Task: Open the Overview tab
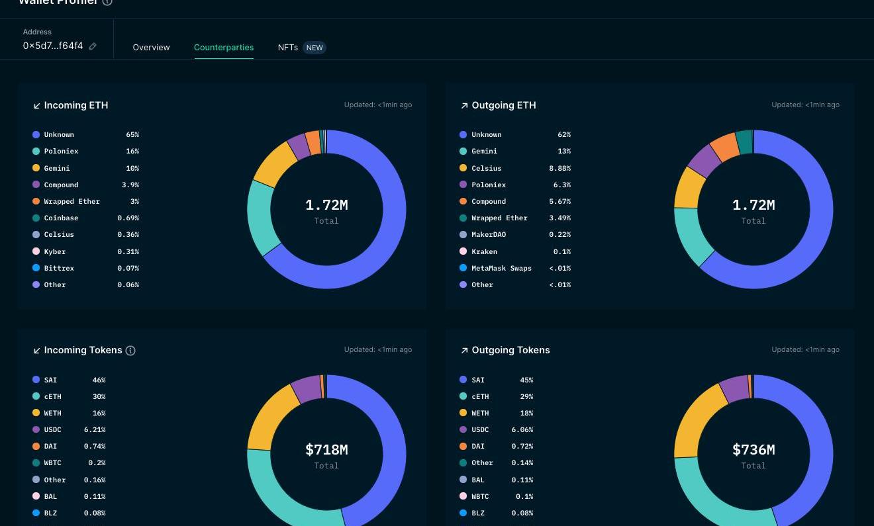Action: pos(151,48)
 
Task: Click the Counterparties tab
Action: pos(224,48)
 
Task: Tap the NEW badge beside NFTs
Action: pos(315,48)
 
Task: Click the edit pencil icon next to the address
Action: pos(93,46)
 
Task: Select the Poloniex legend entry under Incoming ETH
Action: pos(61,152)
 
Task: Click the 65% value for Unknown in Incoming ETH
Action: pos(132,135)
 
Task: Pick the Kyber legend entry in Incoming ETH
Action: pos(54,251)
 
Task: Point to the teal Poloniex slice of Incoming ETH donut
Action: pos(260,216)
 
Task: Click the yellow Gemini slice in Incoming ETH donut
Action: pos(274,163)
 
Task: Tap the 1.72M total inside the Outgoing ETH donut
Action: pos(753,205)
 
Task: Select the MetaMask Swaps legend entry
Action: pos(501,268)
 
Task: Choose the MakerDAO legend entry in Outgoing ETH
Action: pos(489,235)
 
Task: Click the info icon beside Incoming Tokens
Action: pos(130,351)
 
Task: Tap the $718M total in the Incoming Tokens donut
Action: pos(326,450)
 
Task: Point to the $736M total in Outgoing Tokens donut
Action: pos(753,450)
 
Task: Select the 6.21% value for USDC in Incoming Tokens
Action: pos(95,430)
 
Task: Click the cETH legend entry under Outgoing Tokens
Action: pos(480,397)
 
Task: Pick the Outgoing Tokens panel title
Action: pos(510,350)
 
